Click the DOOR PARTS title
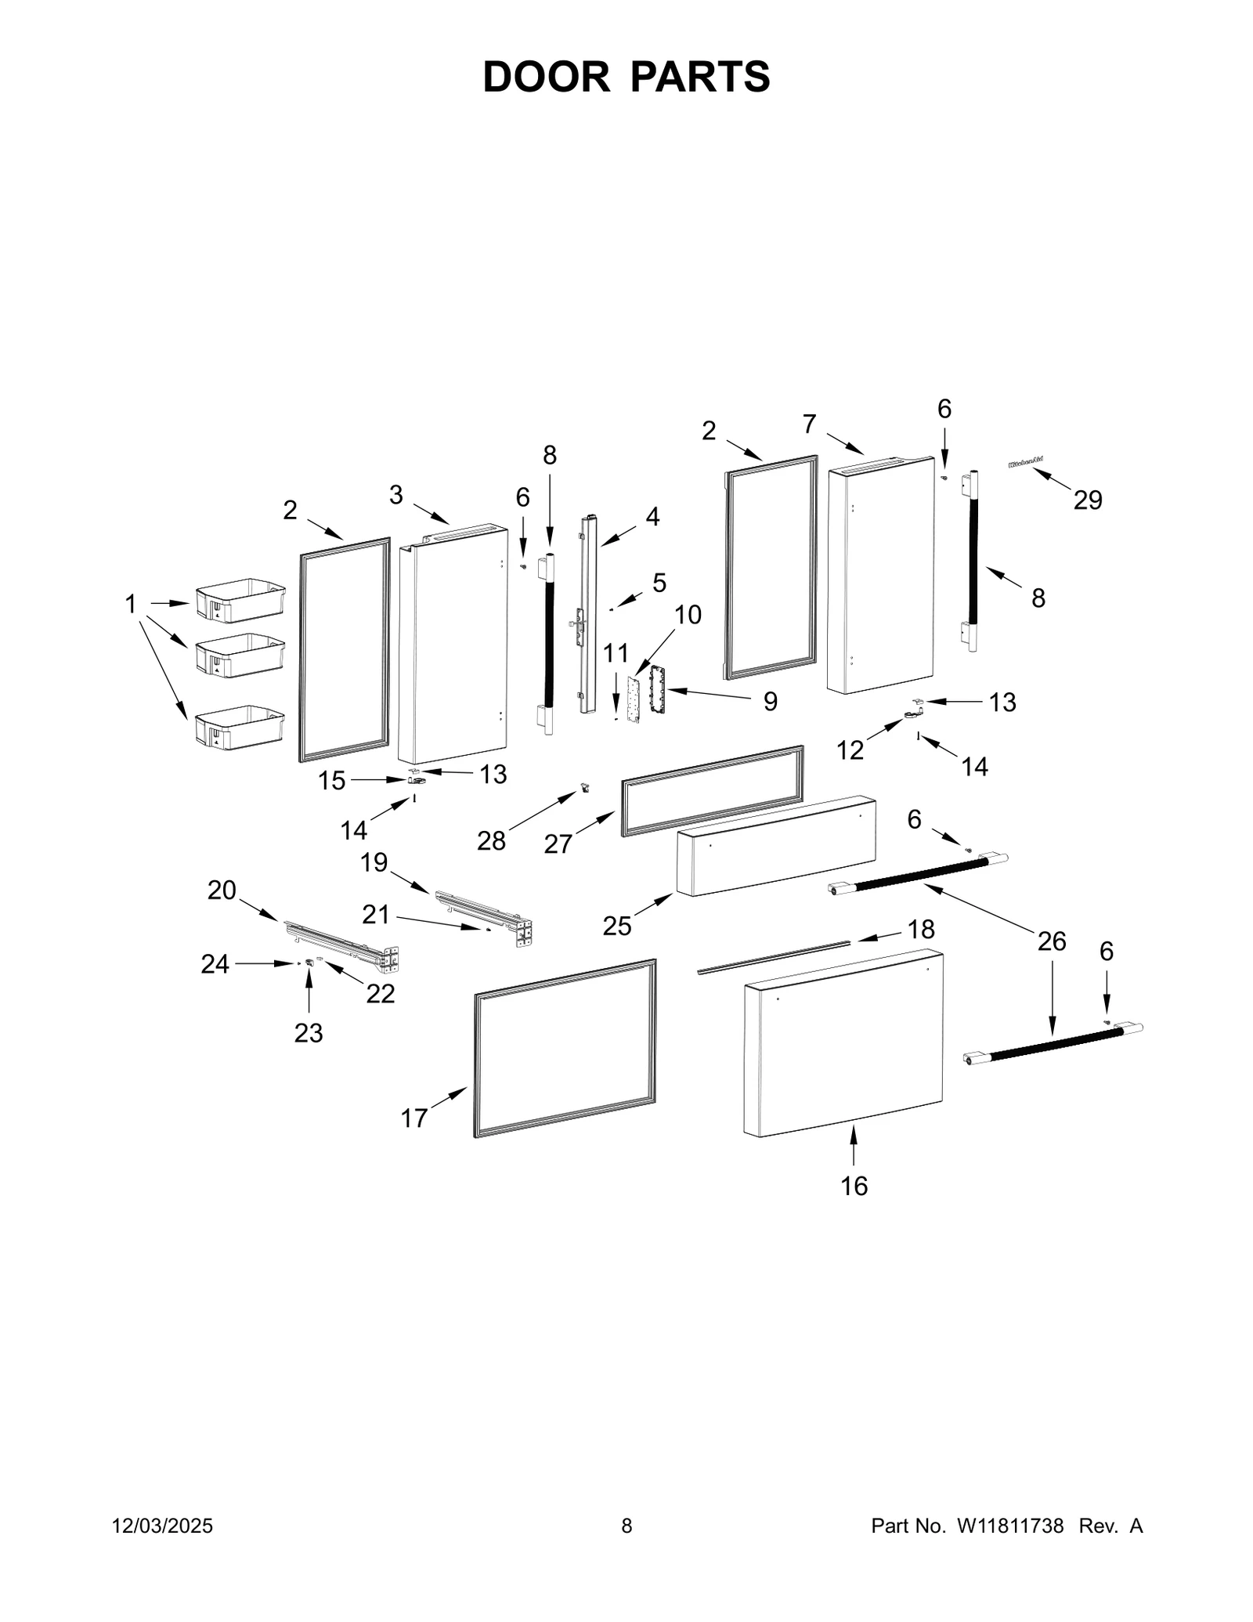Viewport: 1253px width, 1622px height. tap(626, 78)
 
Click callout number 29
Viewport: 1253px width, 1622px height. tap(1087, 500)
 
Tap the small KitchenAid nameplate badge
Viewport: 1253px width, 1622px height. tap(1026, 464)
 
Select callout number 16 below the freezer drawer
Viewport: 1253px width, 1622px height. tap(854, 1186)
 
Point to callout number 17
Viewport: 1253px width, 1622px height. tap(413, 1118)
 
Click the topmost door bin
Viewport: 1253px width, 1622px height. tap(240, 601)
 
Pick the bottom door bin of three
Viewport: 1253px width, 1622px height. tap(240, 728)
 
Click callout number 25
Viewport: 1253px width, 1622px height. tap(616, 926)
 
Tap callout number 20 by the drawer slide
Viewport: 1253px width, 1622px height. tap(222, 890)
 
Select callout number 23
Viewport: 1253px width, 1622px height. tap(308, 1033)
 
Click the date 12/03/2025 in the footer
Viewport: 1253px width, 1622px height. tap(163, 1526)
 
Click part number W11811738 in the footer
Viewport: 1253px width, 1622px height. tap(1009, 1526)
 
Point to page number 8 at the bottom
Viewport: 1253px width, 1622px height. tap(626, 1526)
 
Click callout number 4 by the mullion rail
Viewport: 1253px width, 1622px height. tap(652, 516)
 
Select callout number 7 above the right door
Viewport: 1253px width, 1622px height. tap(809, 424)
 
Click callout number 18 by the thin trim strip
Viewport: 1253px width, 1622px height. tap(921, 929)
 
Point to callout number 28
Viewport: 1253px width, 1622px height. tap(491, 841)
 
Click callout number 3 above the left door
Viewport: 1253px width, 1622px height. tap(396, 494)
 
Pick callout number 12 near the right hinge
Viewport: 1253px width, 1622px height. tap(850, 750)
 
